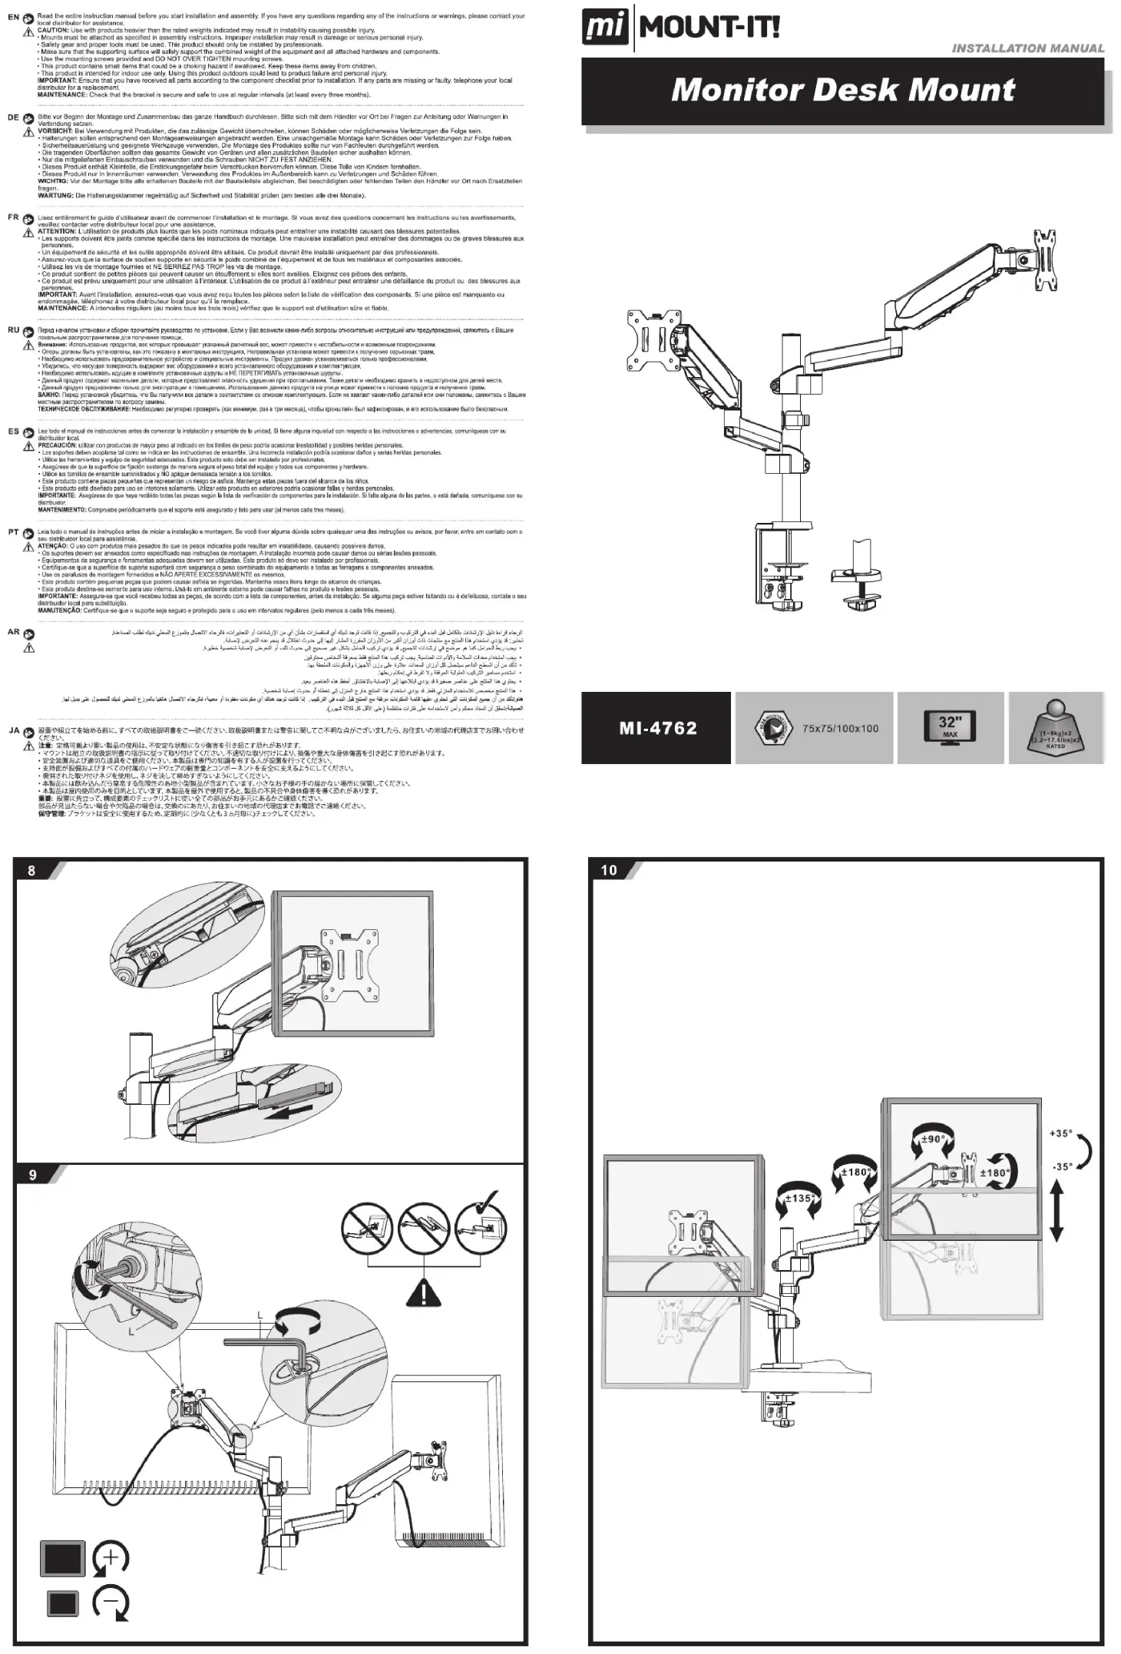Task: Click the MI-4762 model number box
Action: [657, 728]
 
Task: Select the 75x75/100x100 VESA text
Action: [840, 728]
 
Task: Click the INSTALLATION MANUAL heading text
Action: [1027, 48]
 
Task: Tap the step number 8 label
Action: [31, 870]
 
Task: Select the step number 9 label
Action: [32, 1176]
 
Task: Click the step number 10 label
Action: [609, 870]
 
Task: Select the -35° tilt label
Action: [1061, 1166]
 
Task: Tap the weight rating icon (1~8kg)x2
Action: [1056, 727]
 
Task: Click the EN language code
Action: [13, 17]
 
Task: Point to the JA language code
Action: [14, 730]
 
